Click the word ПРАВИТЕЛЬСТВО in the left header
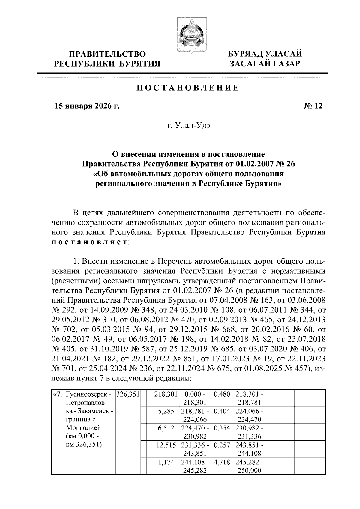pos(107,54)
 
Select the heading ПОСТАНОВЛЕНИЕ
pos(188,88)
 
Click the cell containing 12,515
pos(166,445)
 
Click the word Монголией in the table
pos(83,428)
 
